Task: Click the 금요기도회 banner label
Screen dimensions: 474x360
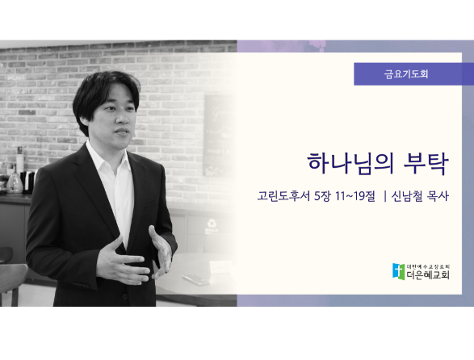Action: (406, 74)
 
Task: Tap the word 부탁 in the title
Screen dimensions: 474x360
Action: (426, 164)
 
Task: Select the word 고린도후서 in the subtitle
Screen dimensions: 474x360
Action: (283, 196)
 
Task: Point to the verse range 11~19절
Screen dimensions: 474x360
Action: (355, 196)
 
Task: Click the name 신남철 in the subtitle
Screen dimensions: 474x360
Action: (407, 196)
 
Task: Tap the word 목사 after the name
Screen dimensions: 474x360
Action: (438, 196)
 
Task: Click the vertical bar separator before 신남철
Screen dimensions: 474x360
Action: (385, 196)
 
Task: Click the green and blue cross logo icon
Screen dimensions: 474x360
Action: (398, 271)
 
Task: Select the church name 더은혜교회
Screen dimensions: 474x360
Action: (428, 274)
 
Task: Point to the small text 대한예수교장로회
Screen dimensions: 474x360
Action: (428, 266)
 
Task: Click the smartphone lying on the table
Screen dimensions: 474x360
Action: (196, 279)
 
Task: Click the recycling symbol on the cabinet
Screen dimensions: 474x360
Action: (212, 224)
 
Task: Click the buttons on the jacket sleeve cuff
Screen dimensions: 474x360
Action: (81, 285)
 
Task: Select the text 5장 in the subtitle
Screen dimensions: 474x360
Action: (322, 196)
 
